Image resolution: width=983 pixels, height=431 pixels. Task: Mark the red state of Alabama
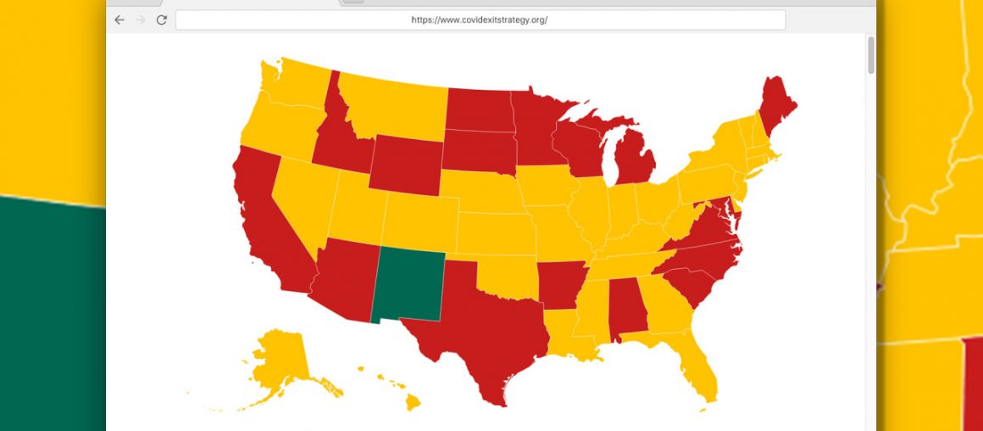[630, 311]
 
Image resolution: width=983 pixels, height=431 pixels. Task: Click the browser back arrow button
[119, 20]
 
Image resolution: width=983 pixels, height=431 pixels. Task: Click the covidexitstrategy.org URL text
[480, 20]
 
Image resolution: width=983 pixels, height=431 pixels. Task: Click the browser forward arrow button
[141, 20]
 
